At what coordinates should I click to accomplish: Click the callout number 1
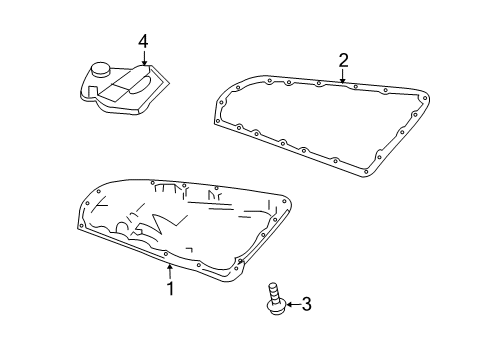[170, 288]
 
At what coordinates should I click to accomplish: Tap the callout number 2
[343, 61]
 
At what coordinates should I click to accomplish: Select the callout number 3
[306, 304]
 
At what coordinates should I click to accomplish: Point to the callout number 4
[143, 41]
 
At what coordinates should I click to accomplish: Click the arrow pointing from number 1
[170, 270]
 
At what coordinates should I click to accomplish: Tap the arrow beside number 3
[292, 304]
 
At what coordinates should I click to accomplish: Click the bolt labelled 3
[274, 299]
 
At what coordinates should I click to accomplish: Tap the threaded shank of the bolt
[273, 292]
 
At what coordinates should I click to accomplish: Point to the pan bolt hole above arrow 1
[166, 255]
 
